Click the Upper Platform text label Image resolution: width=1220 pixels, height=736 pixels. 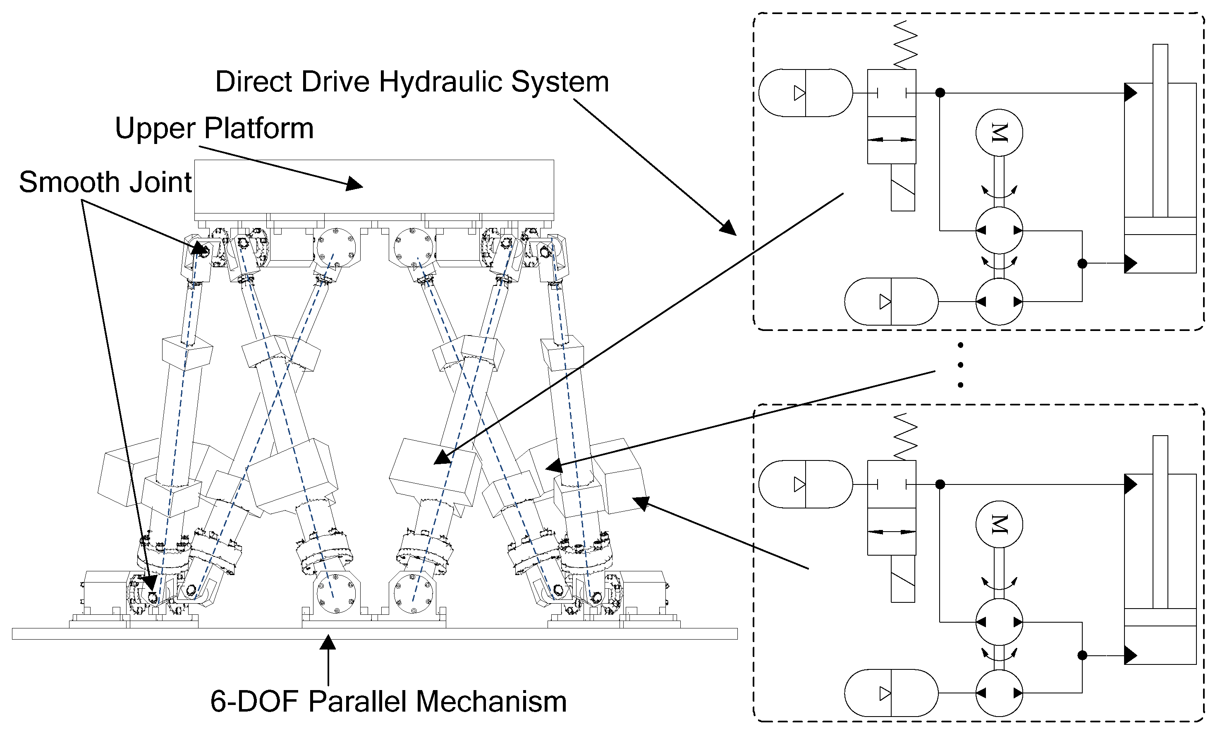[214, 129]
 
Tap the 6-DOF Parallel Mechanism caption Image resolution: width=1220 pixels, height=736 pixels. [388, 702]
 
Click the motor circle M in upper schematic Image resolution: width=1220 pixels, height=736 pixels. [999, 133]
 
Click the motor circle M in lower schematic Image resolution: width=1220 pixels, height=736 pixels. [999, 524]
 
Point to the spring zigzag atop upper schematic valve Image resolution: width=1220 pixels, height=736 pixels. [905, 45]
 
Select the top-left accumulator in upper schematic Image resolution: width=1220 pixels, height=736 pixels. [805, 93]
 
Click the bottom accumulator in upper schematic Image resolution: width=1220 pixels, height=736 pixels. [891, 302]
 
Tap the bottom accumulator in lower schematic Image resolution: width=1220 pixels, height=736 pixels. [891, 693]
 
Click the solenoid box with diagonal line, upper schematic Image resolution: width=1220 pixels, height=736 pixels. [903, 187]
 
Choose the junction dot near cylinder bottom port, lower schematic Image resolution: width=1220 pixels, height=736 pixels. [1082, 655]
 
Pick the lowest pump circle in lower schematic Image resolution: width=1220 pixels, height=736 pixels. [999, 693]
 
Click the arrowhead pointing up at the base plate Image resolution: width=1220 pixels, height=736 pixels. [328, 643]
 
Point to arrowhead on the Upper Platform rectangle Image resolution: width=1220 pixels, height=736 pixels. [354, 184]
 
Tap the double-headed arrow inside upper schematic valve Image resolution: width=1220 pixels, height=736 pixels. [892, 140]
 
